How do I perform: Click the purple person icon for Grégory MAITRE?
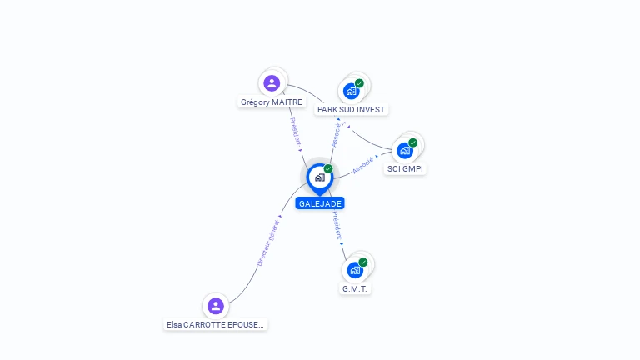point(272,82)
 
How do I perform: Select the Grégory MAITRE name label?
point(272,102)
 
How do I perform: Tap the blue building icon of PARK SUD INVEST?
point(351,91)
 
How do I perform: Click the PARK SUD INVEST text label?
point(352,110)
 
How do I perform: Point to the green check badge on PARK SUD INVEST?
point(359,83)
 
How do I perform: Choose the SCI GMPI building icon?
point(405,151)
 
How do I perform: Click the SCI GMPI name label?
point(406,169)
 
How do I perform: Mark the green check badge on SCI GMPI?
point(412,142)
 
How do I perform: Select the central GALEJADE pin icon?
point(319,177)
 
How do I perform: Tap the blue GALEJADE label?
point(320,203)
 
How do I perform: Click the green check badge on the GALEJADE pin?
point(328,169)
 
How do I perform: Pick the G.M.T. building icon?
point(355,270)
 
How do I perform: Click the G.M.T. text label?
point(355,289)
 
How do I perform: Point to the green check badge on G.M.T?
point(362,262)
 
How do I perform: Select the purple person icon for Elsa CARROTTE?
point(216,306)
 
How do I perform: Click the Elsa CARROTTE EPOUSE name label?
point(217,325)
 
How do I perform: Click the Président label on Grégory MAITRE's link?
point(296,132)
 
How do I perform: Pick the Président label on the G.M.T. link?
point(337,225)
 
